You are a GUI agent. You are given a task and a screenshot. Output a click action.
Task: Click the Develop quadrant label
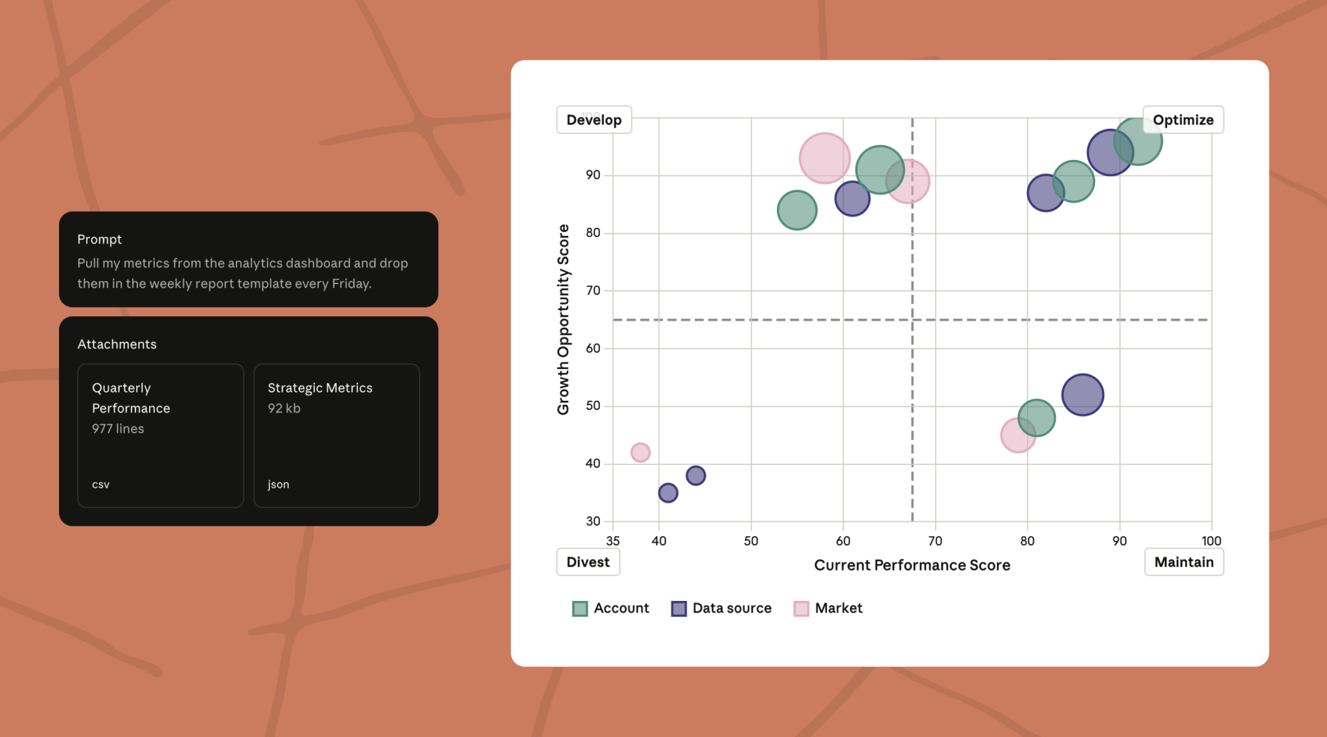pos(594,120)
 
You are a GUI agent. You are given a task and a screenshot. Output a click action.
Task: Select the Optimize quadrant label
pos(1183,120)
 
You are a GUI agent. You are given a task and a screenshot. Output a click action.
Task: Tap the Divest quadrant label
pos(588,562)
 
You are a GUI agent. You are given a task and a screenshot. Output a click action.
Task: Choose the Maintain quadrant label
pos(1184,562)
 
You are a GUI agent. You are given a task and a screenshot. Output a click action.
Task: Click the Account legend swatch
pos(580,609)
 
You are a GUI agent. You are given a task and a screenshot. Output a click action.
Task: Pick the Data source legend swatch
pos(678,609)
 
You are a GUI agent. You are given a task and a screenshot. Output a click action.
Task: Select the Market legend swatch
pos(801,609)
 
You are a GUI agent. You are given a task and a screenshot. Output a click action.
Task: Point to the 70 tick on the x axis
pos(935,541)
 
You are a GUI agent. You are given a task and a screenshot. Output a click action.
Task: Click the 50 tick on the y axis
pos(593,406)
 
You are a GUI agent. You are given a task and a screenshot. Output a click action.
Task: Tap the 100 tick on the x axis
pos(1211,541)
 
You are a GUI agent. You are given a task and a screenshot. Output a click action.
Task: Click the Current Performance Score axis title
pos(912,565)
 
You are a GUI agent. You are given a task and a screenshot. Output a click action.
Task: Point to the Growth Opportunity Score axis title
pos(563,319)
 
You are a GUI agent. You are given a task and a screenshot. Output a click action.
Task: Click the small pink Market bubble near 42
pos(640,452)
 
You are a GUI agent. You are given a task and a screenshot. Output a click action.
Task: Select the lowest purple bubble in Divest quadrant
pos(668,493)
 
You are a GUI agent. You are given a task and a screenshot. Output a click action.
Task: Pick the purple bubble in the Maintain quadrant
pos(1082,394)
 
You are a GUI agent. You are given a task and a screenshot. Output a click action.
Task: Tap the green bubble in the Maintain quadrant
pos(1036,418)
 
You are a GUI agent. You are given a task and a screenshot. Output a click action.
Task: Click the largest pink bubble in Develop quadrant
pos(824,158)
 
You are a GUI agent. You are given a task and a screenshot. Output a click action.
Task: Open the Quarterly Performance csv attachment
pos(161,435)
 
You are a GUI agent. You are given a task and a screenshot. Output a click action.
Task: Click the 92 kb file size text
pos(284,409)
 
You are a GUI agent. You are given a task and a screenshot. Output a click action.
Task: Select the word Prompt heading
pos(99,240)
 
